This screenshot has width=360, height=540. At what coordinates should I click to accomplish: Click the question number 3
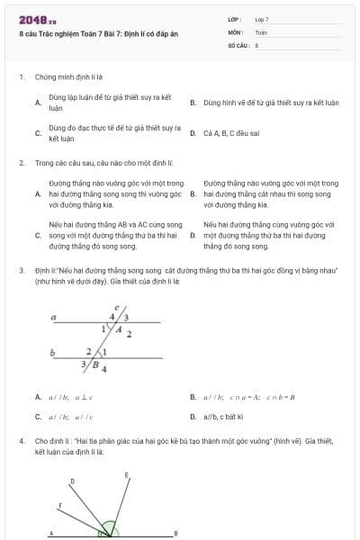coord(21,270)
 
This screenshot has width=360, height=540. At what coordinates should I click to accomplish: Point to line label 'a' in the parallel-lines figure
coord(54,318)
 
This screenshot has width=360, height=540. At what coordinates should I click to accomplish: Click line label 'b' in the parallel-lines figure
coord(53,352)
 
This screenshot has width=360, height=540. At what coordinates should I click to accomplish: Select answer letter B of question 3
coord(193,397)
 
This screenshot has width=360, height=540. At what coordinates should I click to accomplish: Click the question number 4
coord(21,442)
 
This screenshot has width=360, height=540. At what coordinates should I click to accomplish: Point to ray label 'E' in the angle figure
coord(126,474)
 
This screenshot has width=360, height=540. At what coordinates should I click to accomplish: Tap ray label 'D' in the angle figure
coord(72,481)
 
